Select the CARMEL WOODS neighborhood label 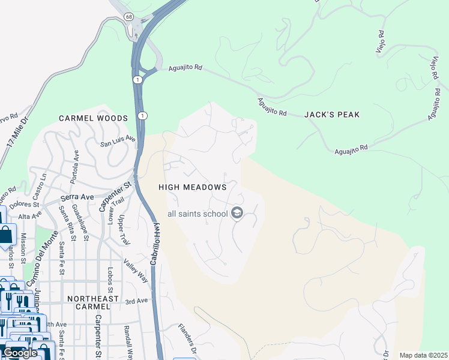[x=93, y=118]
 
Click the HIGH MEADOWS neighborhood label [x=192, y=187]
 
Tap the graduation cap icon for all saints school [x=237, y=214]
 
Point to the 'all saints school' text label [x=197, y=214]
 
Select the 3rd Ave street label [x=136, y=301]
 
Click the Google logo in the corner [x=20, y=353]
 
